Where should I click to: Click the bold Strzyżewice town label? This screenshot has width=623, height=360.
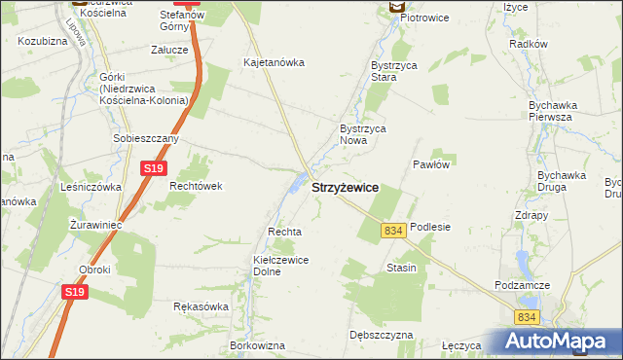coord(345,187)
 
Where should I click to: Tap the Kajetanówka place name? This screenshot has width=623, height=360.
coord(274,62)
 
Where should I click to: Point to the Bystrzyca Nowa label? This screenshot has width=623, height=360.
coord(362,134)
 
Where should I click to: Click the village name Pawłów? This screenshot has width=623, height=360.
coord(430,164)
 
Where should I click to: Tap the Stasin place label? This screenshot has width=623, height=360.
coord(401,268)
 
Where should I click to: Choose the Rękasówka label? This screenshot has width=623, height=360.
coord(201,306)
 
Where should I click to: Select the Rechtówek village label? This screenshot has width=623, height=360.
coord(196,186)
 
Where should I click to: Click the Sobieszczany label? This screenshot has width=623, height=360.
coord(145,139)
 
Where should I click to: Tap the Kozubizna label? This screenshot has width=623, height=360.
coord(41,42)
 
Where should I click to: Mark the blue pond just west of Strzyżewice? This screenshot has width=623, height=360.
coord(296,182)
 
